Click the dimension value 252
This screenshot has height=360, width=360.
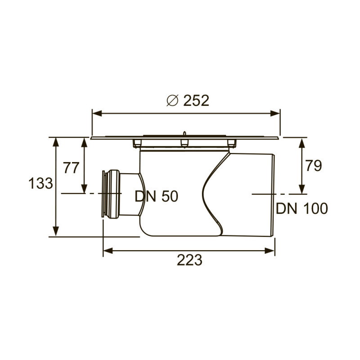(196, 100)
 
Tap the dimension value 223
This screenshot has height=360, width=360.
(189, 260)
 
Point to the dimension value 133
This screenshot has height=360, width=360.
(41, 184)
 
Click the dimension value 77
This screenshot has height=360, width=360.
(71, 168)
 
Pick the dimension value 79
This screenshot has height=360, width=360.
(313, 166)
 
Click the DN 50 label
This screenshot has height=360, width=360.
(157, 196)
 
